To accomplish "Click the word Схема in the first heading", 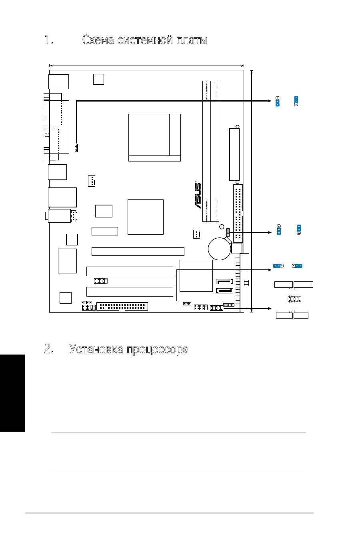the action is click(98, 40).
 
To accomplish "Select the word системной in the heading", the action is click(145, 40).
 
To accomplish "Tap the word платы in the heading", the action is click(192, 40).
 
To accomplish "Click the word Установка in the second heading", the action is click(96, 349).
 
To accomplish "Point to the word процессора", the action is click(158, 350).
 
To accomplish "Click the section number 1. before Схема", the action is click(49, 40).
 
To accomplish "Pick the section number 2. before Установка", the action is click(49, 349).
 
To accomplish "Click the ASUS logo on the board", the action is click(198, 195).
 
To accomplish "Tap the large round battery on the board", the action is click(219, 249).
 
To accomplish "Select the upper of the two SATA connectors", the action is click(224, 282).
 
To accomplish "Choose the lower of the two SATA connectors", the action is click(224, 291).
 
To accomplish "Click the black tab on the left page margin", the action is click(12, 393).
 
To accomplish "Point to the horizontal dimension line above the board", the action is click(146, 66).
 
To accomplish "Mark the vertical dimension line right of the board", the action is click(252, 191).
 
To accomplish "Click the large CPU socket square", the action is click(154, 137).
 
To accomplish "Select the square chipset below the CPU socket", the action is click(146, 217).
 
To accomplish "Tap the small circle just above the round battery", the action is click(222, 227).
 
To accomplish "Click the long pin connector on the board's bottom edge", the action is click(122, 306).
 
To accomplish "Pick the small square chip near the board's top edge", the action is click(98, 80).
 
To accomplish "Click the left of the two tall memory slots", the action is click(206, 151).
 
